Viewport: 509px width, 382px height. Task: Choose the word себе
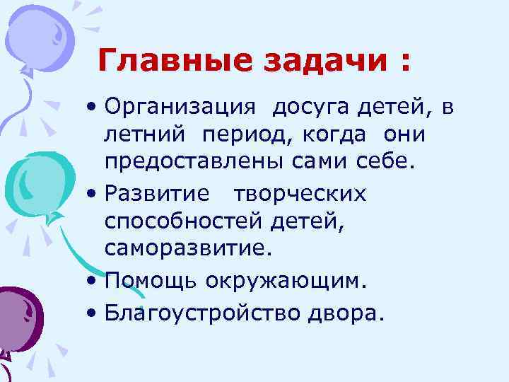(x=389, y=160)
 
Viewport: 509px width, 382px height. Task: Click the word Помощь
(x=151, y=281)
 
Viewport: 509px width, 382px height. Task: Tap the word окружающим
(x=286, y=282)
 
